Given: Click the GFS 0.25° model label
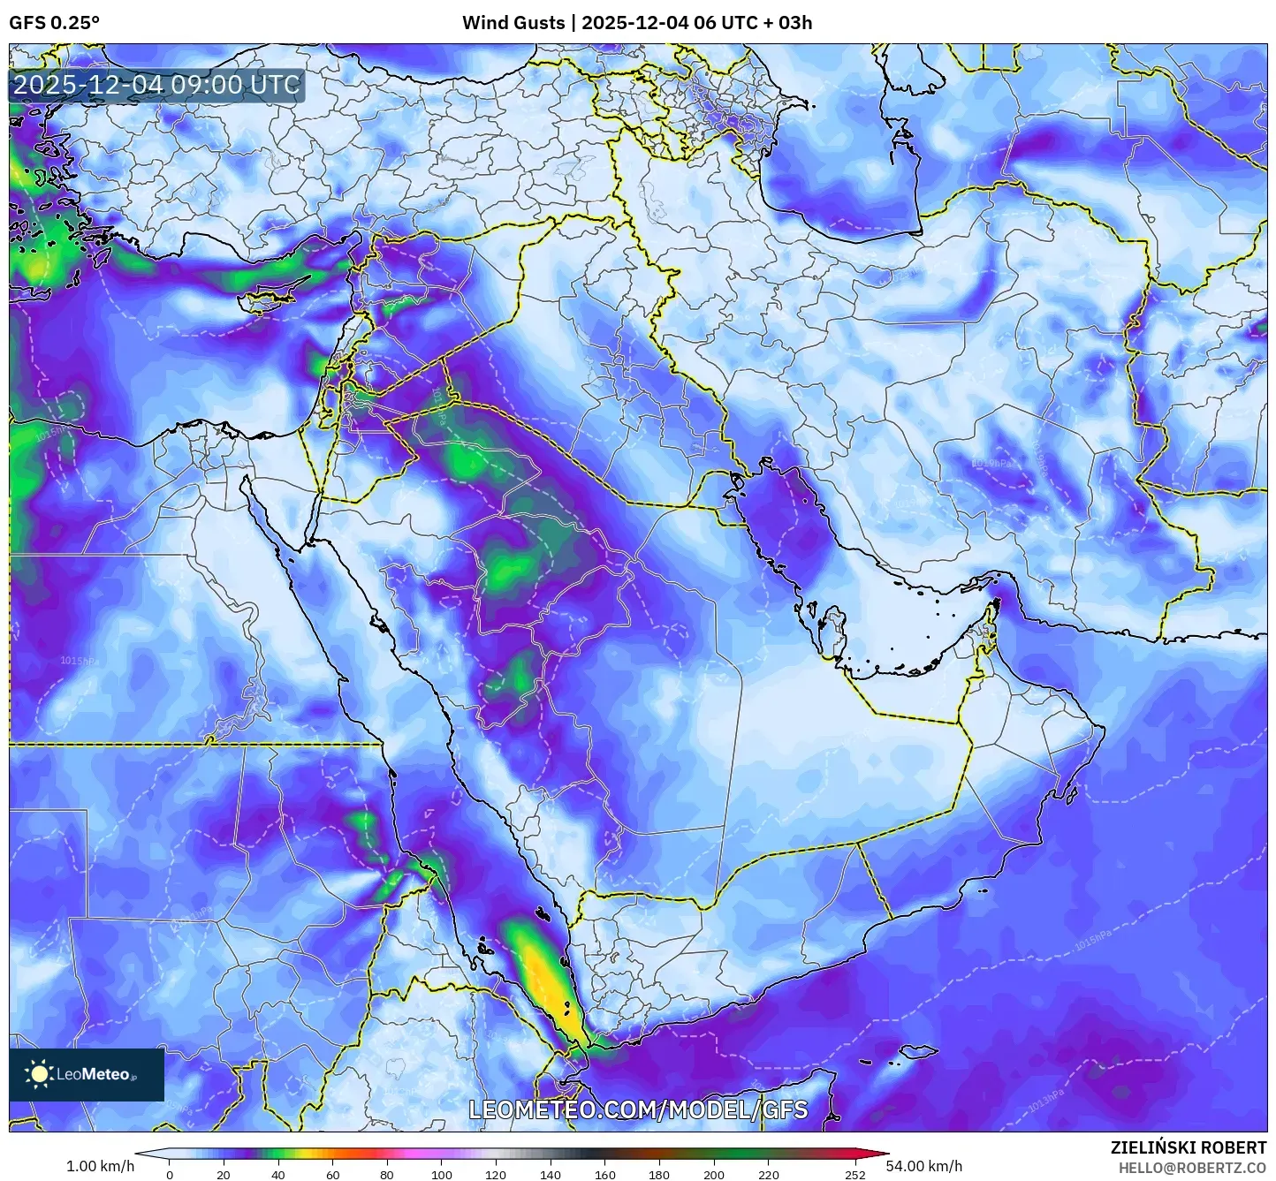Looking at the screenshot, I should coord(55,22).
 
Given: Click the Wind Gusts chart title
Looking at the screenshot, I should coord(637,22).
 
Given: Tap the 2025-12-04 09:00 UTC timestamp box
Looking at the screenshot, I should coord(156,85).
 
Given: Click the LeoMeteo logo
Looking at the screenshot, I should coord(86,1074).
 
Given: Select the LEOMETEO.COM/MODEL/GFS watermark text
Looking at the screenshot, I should coord(637,1109).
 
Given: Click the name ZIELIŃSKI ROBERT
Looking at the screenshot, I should coord(1189,1147).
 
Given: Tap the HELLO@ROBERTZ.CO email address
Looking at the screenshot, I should coord(1192,1167).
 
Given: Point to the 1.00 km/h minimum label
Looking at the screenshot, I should coord(100,1166).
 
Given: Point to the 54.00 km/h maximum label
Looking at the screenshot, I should coord(924,1166).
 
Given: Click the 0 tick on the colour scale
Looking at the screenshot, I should coord(170,1175).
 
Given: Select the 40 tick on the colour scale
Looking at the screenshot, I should coord(278,1175).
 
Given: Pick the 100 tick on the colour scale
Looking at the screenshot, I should coord(441,1175).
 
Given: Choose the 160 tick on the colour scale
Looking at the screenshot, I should coord(605,1175).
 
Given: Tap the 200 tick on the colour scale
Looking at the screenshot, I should coord(714,1175).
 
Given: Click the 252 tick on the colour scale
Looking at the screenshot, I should coord(854,1175).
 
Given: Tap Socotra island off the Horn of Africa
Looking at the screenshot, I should coord(916,1053).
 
